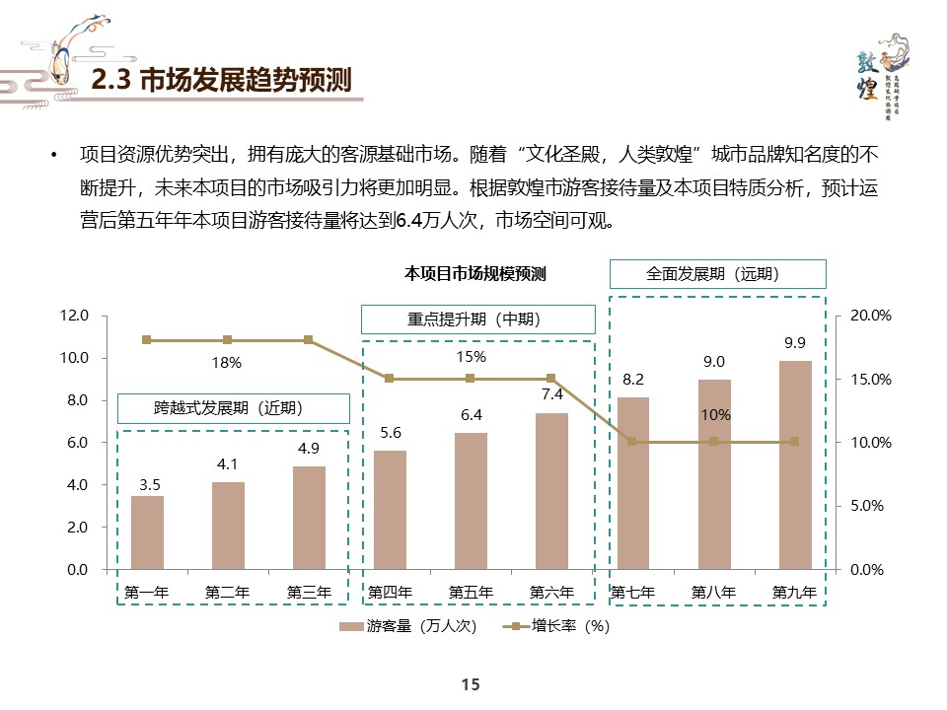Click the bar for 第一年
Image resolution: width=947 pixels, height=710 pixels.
pos(147,532)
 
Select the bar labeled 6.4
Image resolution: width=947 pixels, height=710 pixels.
pos(471,501)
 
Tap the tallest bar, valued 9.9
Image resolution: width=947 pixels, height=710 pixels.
pos(795,464)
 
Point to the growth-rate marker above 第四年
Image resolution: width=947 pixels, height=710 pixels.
pos(390,379)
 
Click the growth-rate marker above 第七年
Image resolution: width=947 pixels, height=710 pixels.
pos(632,442)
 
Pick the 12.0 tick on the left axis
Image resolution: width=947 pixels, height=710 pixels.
pos(75,316)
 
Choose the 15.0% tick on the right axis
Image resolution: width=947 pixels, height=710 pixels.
pos(871,380)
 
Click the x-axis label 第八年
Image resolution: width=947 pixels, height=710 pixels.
pos(713,593)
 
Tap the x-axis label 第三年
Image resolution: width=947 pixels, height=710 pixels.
pos(309,593)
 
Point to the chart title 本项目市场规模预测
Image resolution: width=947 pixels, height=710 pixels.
pos(475,274)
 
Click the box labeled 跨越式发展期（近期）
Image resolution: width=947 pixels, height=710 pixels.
pos(234,408)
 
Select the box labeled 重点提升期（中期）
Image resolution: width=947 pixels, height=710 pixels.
pos(478,319)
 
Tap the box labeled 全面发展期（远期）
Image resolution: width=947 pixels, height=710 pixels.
pos(717,274)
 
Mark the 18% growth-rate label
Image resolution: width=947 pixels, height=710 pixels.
pos(227,363)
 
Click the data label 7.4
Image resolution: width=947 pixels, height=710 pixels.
pos(551,393)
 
